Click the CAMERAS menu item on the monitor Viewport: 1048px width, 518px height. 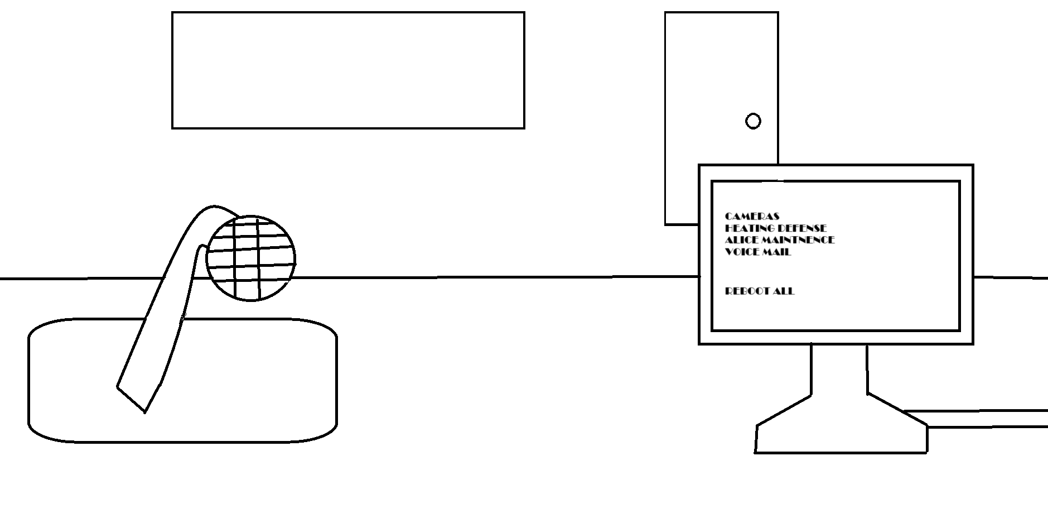752,216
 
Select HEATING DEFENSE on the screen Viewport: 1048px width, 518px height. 775,228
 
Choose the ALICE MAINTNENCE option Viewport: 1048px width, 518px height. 779,239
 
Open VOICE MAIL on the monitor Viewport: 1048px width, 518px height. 757,251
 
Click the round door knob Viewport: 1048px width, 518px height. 753,121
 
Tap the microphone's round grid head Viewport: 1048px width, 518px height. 250,258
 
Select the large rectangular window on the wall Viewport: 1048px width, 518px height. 348,70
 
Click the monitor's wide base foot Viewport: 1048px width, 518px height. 841,435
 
